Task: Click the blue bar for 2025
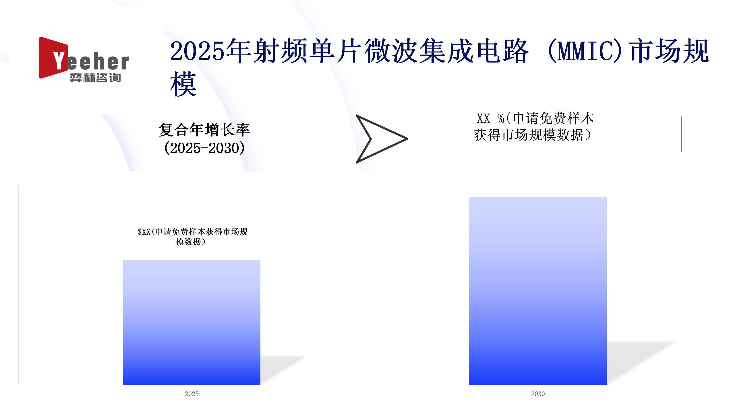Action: pyautogui.click(x=192, y=322)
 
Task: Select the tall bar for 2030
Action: pyautogui.click(x=538, y=291)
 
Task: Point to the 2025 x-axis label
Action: pyautogui.click(x=192, y=394)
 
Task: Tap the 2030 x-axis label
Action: pyautogui.click(x=538, y=394)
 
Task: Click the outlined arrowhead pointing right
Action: pyautogui.click(x=382, y=139)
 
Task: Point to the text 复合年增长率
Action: pyautogui.click(x=204, y=130)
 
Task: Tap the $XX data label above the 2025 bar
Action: pyautogui.click(x=192, y=237)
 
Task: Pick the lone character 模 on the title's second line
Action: pyautogui.click(x=183, y=84)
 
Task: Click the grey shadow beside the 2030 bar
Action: pyautogui.click(x=640, y=363)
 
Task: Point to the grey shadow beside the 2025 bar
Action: pyautogui.click(x=283, y=370)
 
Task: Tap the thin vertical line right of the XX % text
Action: pyautogui.click(x=682, y=134)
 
